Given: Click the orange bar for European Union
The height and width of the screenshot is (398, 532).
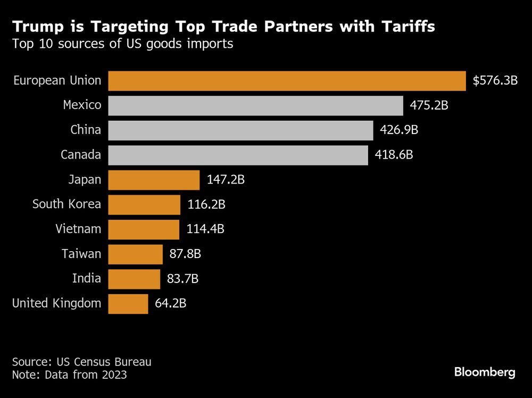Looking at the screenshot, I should pos(287,81).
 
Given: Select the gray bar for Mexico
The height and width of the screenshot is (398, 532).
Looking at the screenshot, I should pos(255,105).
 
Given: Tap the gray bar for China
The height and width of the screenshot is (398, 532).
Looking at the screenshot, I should pos(240,130).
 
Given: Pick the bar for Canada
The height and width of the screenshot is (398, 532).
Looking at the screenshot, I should pos(238,155).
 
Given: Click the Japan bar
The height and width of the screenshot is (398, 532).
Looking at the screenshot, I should pos(154,180).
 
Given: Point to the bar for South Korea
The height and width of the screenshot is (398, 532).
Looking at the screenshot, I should pos(144,204).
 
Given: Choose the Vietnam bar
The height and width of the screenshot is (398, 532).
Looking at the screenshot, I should pos(144,229).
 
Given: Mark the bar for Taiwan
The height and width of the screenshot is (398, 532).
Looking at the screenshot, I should pos(135,254).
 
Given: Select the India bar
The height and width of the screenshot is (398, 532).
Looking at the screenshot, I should pos(134,279).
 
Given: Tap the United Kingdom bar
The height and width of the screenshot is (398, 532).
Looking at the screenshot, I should pos(128,303).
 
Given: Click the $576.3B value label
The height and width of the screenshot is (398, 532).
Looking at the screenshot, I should pos(495,81).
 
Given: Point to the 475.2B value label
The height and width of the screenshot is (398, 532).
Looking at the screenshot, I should pos(429,105).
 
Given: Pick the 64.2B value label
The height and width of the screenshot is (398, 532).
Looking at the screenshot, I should pos(170,303).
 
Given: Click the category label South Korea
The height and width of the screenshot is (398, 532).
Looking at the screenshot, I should pos(66,204).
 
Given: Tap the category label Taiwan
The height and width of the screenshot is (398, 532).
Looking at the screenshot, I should pos(81,254).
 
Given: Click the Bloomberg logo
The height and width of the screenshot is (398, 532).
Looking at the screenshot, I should pos(485,372).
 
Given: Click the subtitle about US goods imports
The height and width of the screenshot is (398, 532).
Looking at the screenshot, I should pos(123,44).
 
